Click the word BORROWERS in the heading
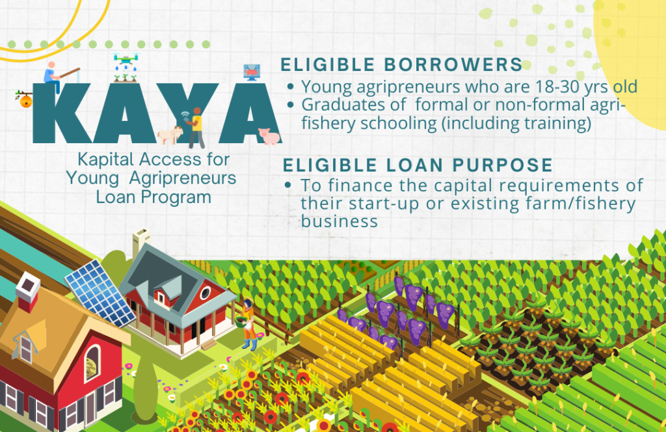click(x=453, y=65)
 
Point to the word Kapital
click(x=105, y=159)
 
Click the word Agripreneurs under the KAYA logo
click(x=183, y=178)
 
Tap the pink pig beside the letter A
click(x=269, y=136)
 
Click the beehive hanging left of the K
click(x=26, y=101)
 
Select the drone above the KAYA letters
click(x=126, y=59)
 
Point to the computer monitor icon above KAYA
click(x=252, y=72)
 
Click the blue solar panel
click(x=100, y=293)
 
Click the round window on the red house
click(x=205, y=293)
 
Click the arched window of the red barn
click(x=92, y=363)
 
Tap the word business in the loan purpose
click(x=340, y=222)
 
